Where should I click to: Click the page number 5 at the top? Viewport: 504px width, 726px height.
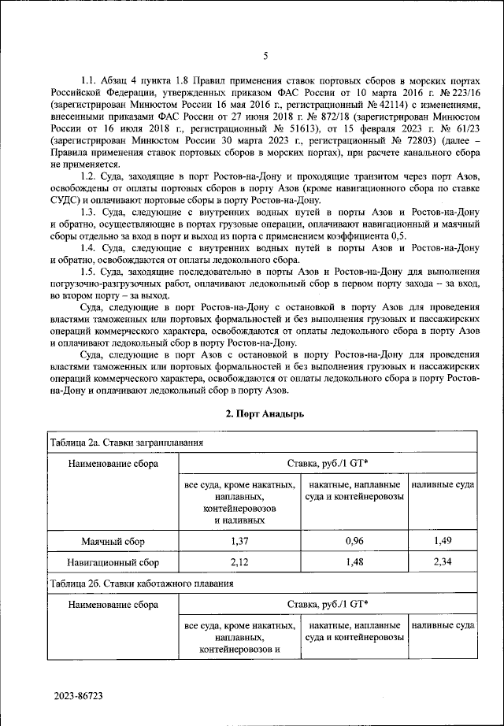click(x=265, y=55)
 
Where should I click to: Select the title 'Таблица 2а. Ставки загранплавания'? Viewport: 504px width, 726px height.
click(x=126, y=443)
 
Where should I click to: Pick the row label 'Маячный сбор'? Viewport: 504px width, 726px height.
click(x=113, y=543)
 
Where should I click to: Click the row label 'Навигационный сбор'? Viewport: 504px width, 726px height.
click(x=113, y=563)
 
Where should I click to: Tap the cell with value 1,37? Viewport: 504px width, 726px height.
click(x=239, y=543)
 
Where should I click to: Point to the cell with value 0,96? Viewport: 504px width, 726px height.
click(x=354, y=543)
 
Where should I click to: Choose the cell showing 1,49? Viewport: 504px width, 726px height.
click(x=443, y=543)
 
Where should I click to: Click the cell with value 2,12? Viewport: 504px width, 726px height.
click(x=239, y=563)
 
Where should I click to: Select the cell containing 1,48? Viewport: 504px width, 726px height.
click(x=354, y=563)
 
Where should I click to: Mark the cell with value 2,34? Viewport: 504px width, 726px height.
click(x=443, y=563)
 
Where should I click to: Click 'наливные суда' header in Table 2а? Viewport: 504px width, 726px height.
click(x=443, y=485)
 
